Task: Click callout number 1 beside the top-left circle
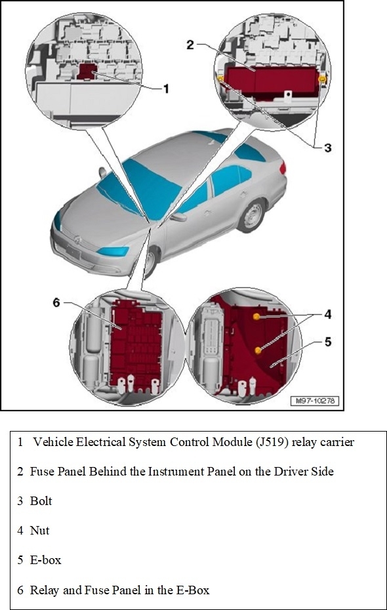tap(166, 89)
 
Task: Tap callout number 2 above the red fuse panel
tap(190, 45)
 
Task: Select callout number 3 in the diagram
tap(328, 148)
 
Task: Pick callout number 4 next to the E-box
tap(328, 314)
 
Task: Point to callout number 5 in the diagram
tap(328, 342)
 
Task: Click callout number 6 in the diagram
tap(57, 302)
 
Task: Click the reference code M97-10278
tap(315, 401)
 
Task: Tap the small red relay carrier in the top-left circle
tap(87, 71)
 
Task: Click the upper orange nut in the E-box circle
tap(256, 317)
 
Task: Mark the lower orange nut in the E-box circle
tap(258, 350)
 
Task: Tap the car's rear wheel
tap(251, 216)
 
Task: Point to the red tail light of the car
tap(283, 168)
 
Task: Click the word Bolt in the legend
tap(41, 501)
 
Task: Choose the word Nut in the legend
tap(39, 531)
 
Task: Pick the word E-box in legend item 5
tap(45, 560)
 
